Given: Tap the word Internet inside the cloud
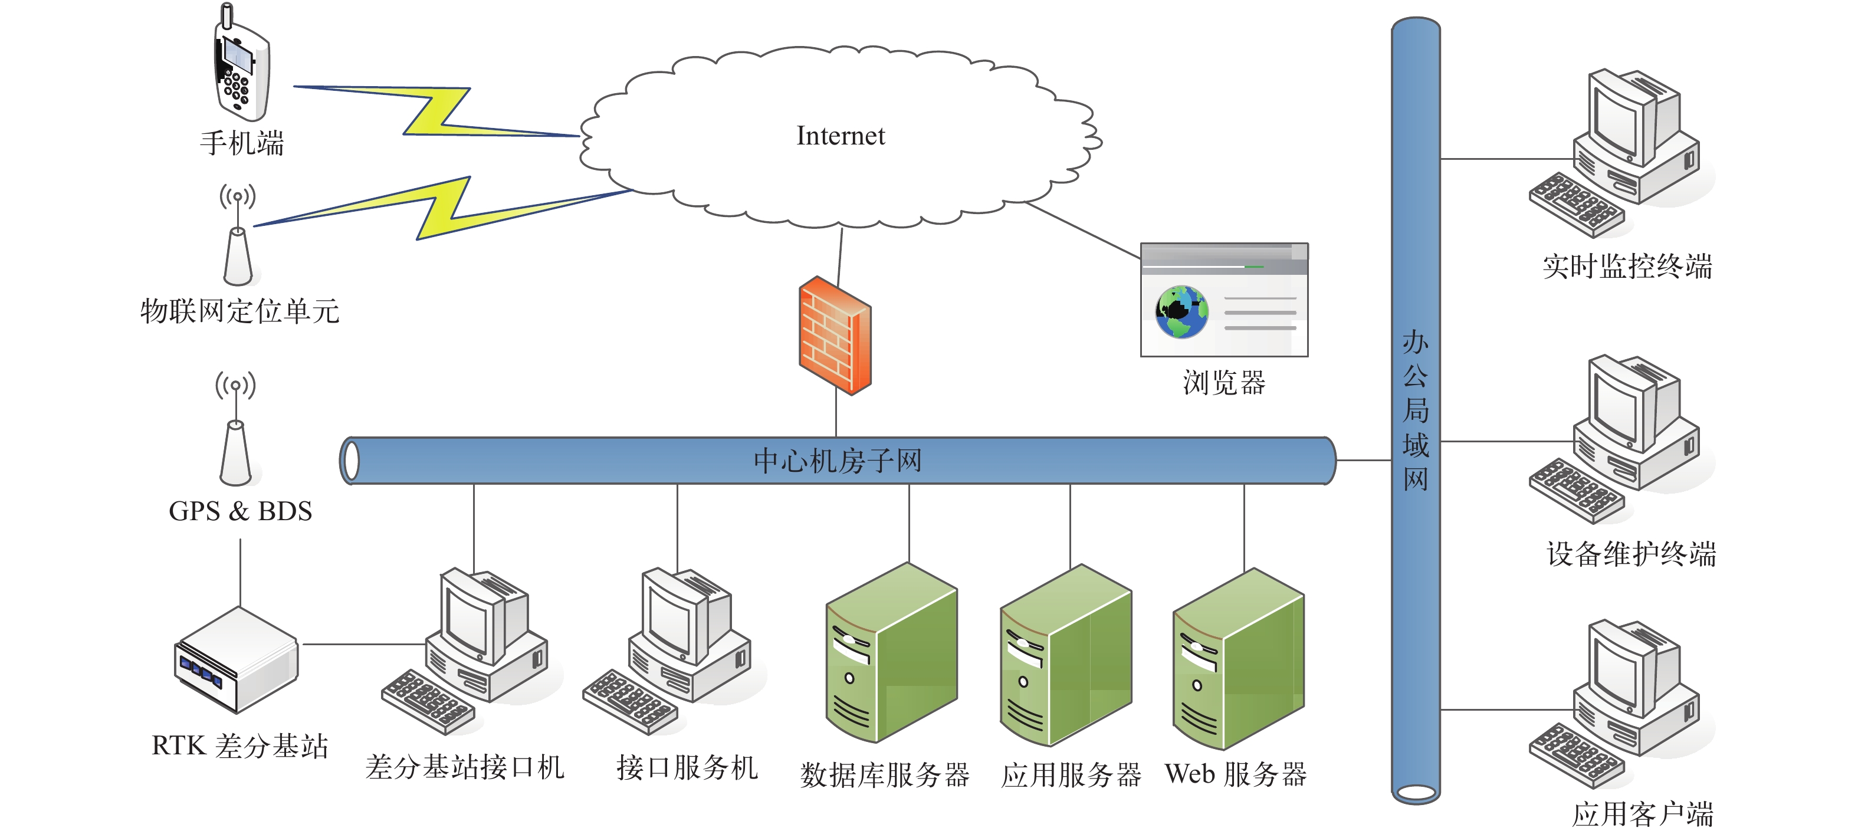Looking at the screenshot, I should coord(841,136).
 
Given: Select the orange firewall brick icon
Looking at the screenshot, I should coord(835,336).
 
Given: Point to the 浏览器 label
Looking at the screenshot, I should coord(1224,383).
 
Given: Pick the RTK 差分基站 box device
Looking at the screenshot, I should coord(236,659).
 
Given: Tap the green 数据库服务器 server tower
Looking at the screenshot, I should coord(891,653).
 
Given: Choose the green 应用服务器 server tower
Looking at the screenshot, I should coord(1065,655).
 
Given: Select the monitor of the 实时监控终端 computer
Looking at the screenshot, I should coord(1620,120).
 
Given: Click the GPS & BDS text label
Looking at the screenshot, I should coord(240,511).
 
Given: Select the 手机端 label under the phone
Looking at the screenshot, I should coord(242,143).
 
